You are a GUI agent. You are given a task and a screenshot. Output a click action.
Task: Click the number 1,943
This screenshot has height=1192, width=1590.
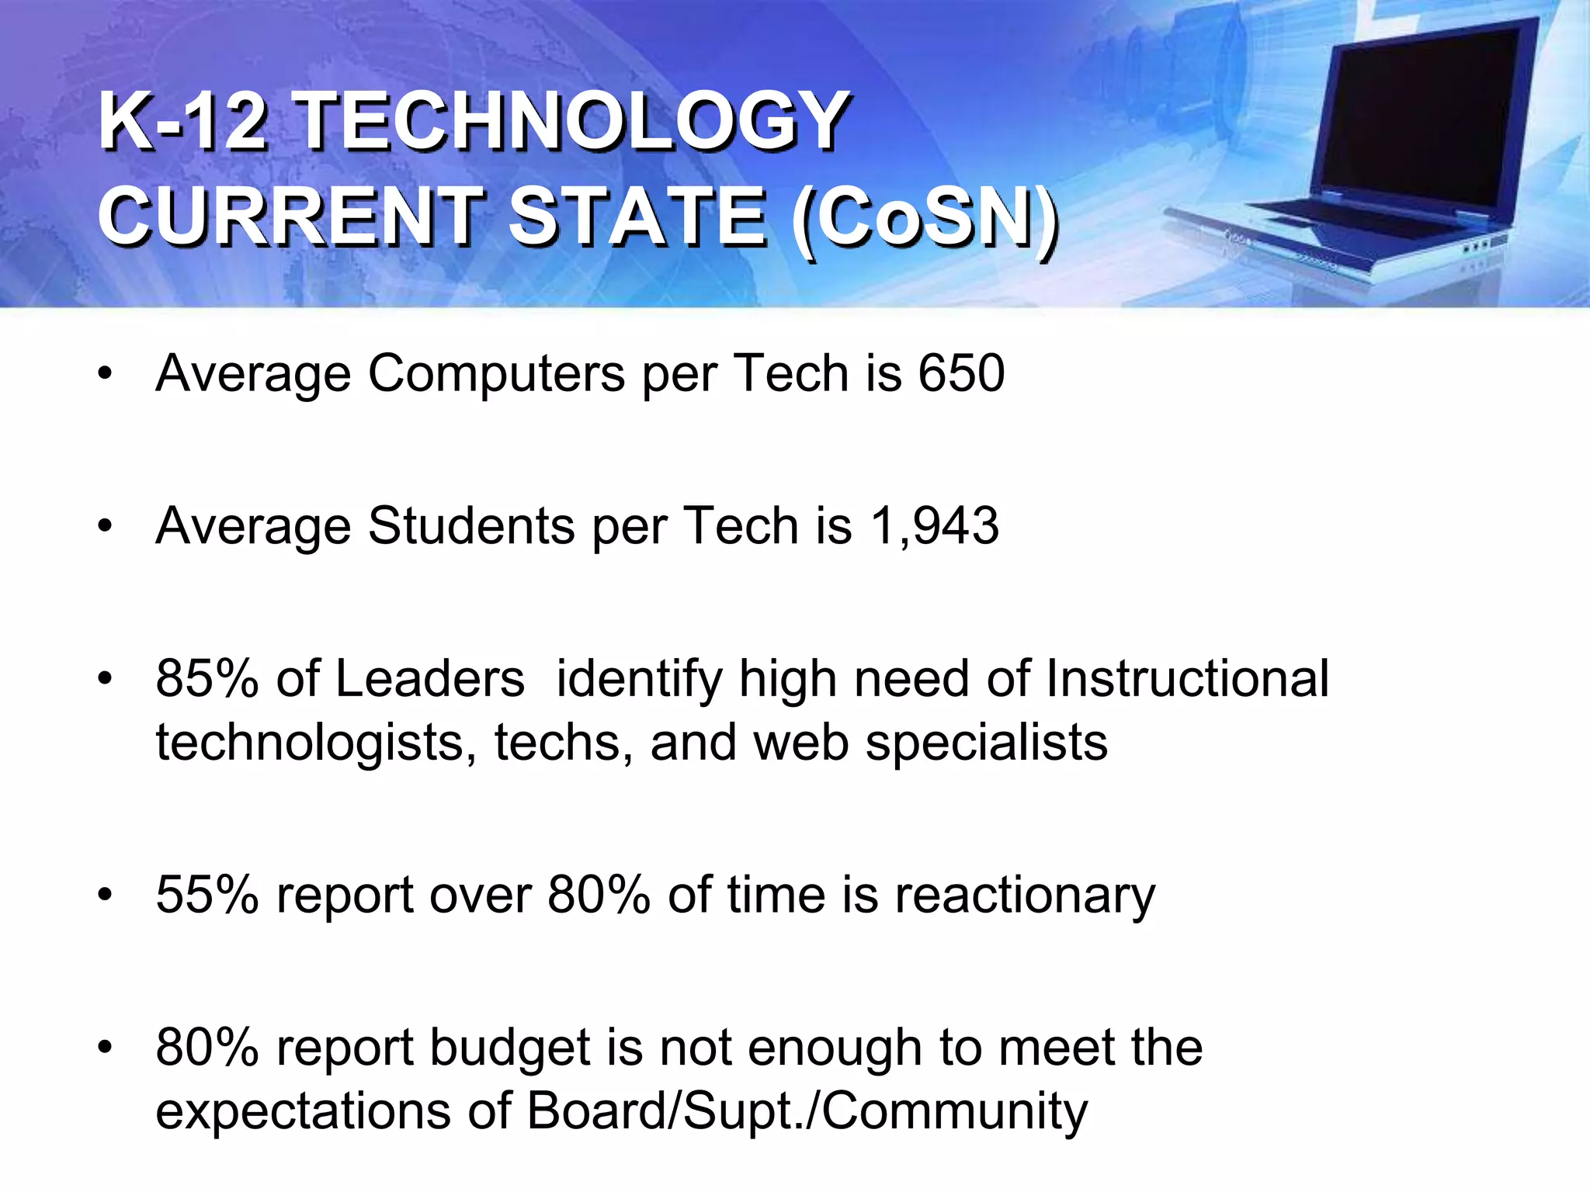[935, 525]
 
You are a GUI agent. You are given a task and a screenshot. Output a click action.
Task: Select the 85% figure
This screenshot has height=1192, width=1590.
[207, 678]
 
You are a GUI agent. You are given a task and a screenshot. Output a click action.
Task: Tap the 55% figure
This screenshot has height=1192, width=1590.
[207, 894]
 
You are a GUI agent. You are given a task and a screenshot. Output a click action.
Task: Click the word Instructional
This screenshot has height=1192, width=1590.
[1187, 678]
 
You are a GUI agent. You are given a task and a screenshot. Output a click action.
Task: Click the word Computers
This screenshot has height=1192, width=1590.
[496, 375]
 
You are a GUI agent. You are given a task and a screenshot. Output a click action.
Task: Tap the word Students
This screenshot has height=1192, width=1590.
[470, 525]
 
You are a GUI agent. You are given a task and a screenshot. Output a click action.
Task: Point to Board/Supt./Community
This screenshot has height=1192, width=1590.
[807, 1111]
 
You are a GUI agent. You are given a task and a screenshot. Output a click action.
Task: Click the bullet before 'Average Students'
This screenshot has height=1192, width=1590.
[106, 527]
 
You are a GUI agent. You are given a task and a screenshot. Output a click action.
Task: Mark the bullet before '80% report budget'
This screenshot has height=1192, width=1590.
[106, 1048]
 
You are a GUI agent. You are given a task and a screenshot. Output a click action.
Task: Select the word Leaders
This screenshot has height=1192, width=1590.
[430, 678]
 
